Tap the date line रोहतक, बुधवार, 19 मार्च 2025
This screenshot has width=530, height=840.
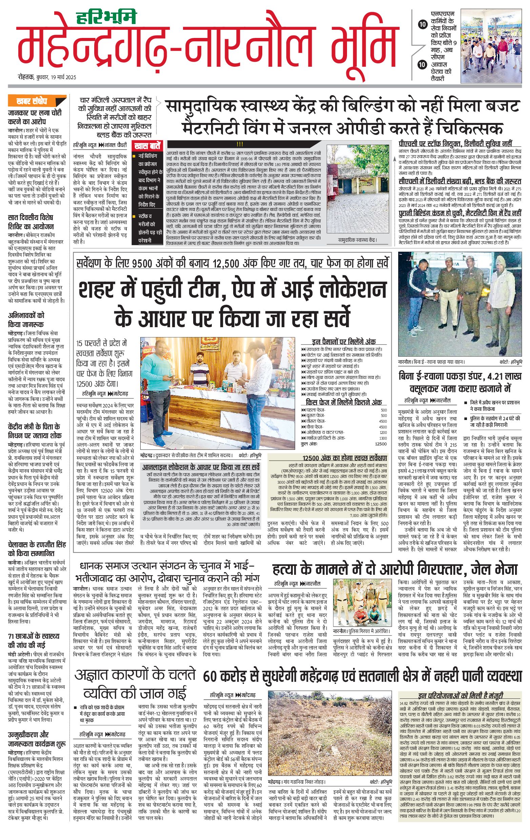coord(47,77)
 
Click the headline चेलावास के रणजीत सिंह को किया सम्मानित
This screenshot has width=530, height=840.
coord(37,549)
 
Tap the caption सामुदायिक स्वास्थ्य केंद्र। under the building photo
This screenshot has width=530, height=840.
coord(358,240)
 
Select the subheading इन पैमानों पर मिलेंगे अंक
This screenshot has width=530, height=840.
coord(343,341)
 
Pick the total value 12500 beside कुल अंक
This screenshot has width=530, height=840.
coord(381,444)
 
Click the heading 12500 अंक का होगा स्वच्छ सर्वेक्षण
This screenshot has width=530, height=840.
coord(344,458)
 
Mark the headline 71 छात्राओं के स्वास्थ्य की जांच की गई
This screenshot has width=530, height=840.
coord(34,640)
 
